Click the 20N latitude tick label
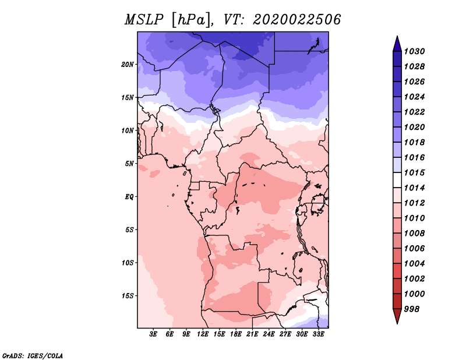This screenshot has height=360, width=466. (x=128, y=65)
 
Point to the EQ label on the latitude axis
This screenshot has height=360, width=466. (x=129, y=197)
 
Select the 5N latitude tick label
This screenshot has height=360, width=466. (x=129, y=164)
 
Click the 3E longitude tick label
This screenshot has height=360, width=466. (x=153, y=334)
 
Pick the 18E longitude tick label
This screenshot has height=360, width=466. (x=236, y=334)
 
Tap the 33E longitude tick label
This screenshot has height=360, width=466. (x=318, y=334)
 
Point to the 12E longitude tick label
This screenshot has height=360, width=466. (x=203, y=334)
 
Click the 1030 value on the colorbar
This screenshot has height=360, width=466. (x=414, y=51)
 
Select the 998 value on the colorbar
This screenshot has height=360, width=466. (x=412, y=309)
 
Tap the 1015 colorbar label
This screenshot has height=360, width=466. (x=414, y=172)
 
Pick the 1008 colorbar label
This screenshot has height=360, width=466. (x=414, y=234)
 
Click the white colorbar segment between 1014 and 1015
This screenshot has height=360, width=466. (x=397, y=180)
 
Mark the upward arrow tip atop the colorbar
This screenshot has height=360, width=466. (x=397, y=36)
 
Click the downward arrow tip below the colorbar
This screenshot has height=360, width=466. (x=397, y=324)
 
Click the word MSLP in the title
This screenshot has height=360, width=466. (x=144, y=20)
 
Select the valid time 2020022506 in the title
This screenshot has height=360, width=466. (x=297, y=20)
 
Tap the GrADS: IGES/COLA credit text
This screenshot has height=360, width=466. (x=33, y=355)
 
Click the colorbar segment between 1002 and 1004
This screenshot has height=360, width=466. (x=397, y=271)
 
